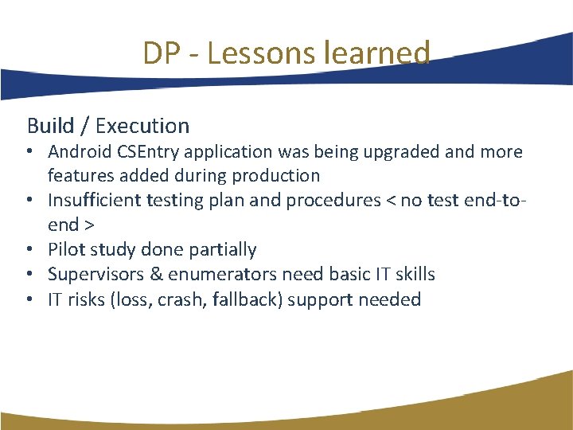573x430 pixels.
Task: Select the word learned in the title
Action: tap(372, 53)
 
